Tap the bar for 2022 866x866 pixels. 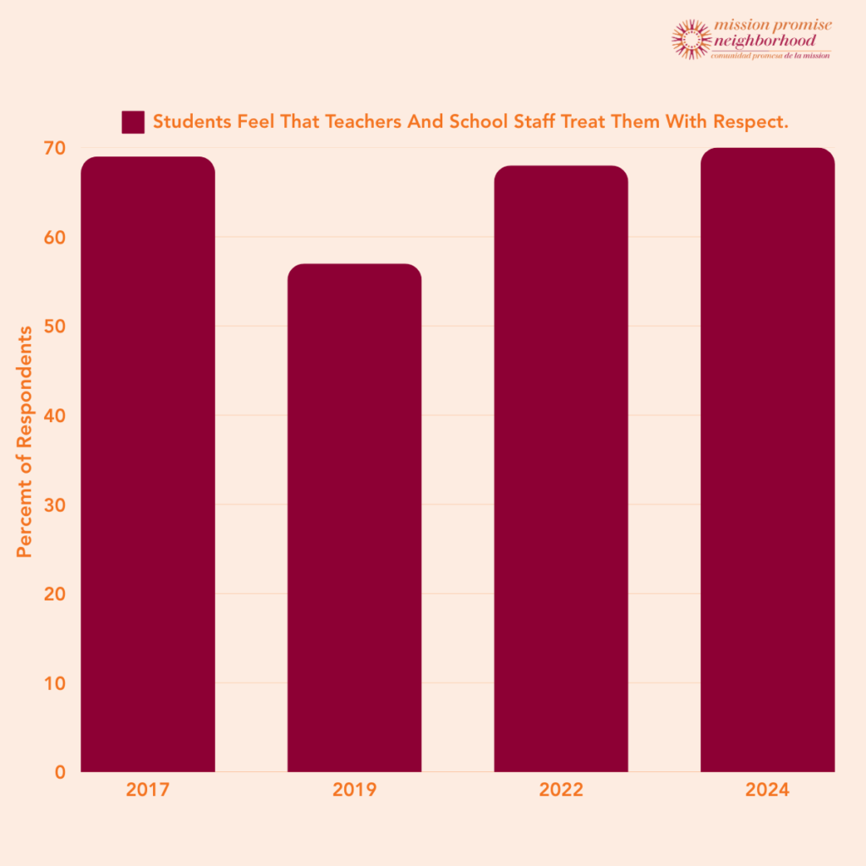click(561, 469)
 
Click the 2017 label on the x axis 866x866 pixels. click(148, 791)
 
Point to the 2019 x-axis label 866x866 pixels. click(354, 791)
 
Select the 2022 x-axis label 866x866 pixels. click(561, 791)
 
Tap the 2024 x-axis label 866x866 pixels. click(767, 791)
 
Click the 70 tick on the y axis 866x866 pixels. click(54, 149)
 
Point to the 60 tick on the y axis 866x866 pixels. click(54, 238)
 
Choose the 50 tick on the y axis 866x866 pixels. click(54, 327)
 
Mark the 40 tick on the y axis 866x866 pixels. click(54, 416)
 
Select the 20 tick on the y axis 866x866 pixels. click(54, 595)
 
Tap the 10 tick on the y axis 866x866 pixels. click(54, 683)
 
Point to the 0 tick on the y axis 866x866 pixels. click(59, 772)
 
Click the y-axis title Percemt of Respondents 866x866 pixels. click(25, 441)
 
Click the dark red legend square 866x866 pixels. click(133, 122)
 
